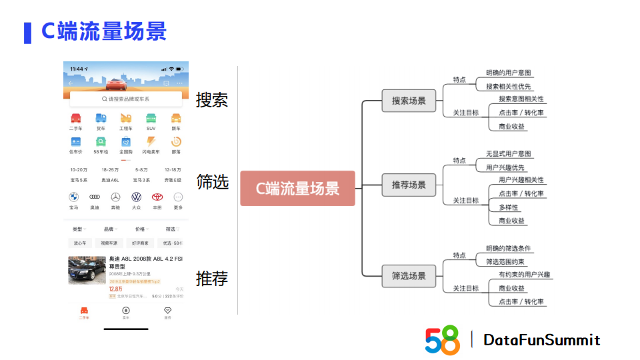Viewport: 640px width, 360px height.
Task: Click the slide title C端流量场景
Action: (x=104, y=31)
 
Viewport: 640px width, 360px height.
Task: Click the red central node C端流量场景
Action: (x=297, y=188)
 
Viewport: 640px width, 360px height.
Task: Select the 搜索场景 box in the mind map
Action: (x=409, y=101)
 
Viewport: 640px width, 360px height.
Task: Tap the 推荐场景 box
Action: (x=409, y=185)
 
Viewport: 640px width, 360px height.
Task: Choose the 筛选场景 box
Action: (x=409, y=275)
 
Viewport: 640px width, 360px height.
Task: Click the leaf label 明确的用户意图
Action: (x=509, y=73)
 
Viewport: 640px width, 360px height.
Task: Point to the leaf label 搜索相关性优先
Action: (x=509, y=86)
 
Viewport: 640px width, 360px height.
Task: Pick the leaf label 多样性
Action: (x=509, y=207)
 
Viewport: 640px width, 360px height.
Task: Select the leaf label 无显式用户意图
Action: (x=509, y=154)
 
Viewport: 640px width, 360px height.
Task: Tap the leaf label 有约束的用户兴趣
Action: (x=525, y=275)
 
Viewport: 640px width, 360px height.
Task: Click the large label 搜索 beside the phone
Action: (x=212, y=100)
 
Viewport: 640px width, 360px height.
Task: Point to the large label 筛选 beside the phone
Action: (x=212, y=181)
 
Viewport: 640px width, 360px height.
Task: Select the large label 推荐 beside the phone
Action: (x=212, y=278)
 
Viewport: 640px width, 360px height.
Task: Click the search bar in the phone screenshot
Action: (x=125, y=99)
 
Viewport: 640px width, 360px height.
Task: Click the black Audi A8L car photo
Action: (x=87, y=270)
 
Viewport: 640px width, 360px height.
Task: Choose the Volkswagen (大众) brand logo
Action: (x=136, y=197)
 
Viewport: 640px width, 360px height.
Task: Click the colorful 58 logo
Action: (x=443, y=340)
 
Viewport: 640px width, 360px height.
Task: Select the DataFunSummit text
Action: (x=541, y=340)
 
